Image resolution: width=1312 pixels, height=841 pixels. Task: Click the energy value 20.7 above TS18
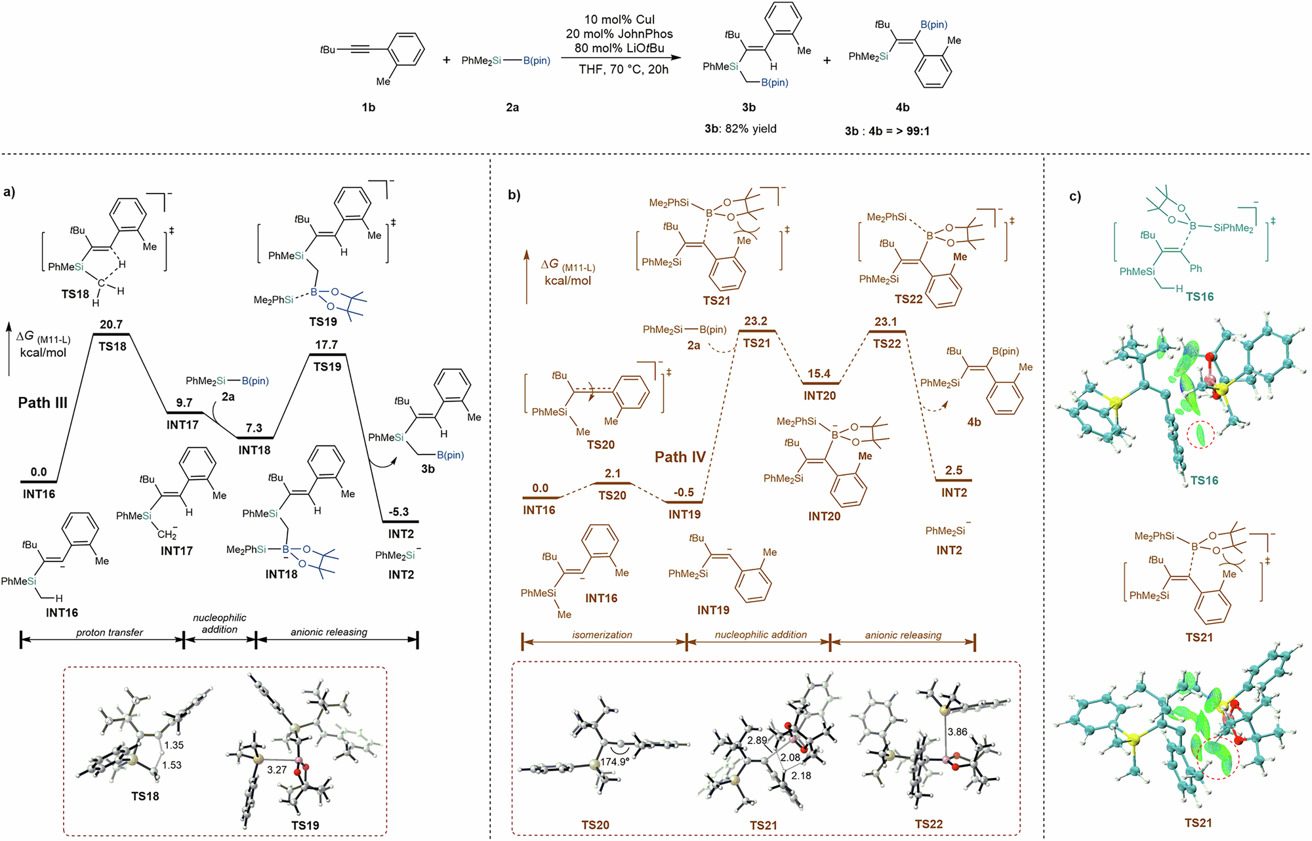(111, 324)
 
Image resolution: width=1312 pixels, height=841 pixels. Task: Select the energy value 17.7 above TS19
(326, 344)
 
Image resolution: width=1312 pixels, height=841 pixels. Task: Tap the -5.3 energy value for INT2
(398, 512)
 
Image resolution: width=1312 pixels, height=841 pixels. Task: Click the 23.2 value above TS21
(756, 321)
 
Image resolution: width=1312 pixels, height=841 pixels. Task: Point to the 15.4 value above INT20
(819, 373)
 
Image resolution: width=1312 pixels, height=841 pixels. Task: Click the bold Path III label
(43, 403)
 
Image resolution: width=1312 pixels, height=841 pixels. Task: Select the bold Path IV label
(680, 457)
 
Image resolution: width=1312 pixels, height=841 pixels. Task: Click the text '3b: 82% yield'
(740, 129)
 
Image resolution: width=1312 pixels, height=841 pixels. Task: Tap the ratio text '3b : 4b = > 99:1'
(887, 131)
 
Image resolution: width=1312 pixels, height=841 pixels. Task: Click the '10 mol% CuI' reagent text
(619, 20)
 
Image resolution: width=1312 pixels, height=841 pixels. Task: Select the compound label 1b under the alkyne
(369, 108)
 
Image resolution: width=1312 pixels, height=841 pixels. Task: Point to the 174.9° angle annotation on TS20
(615, 762)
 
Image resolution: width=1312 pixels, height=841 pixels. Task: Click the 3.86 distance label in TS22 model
(957, 731)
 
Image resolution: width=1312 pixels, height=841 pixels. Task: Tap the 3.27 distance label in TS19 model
(277, 769)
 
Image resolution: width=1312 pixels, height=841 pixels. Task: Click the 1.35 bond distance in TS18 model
(174, 745)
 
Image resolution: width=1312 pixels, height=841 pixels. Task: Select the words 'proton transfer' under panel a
(110, 632)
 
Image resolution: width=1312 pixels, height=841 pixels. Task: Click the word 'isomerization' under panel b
(602, 634)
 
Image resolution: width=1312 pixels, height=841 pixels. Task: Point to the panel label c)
(1075, 196)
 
